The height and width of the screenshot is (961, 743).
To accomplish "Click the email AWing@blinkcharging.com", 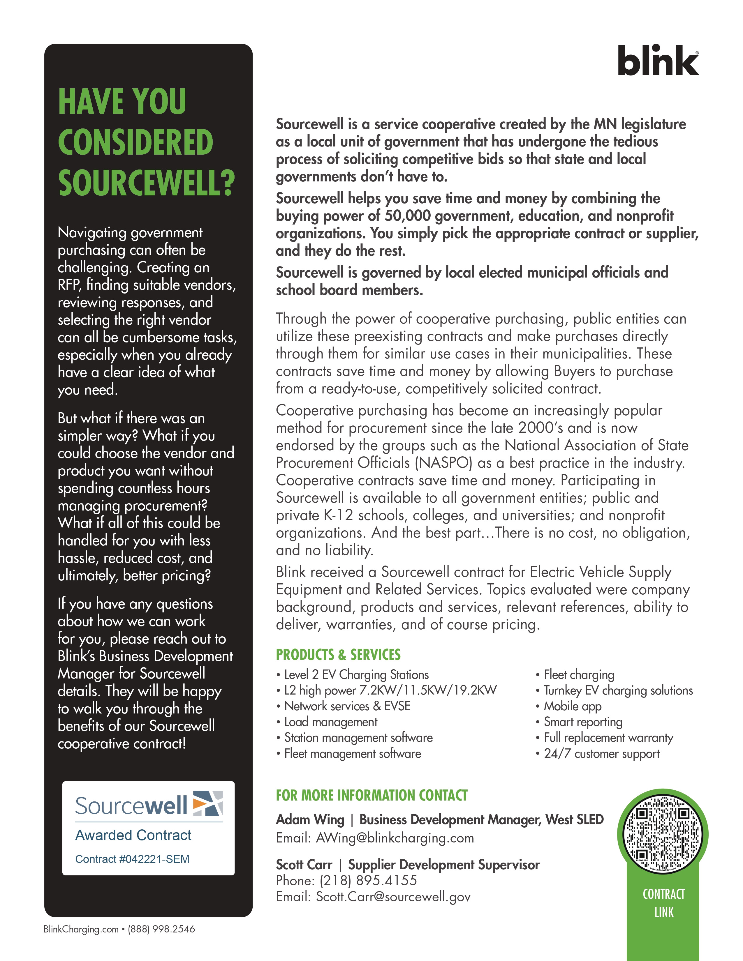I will pyautogui.click(x=395, y=838).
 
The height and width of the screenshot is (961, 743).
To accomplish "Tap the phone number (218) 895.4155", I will pyautogui.click(x=368, y=880).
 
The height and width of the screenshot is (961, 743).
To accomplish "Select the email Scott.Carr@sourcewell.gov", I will pyautogui.click(x=393, y=897).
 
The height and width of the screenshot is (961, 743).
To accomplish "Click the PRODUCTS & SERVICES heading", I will pyautogui.click(x=338, y=655).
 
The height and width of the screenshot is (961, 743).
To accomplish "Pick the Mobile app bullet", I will pyautogui.click(x=572, y=706).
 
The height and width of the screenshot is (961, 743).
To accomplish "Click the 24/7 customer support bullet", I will pyautogui.click(x=601, y=754).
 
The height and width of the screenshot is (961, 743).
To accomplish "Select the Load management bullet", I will pyautogui.click(x=331, y=722).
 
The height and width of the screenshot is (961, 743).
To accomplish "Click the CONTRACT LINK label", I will pyautogui.click(x=663, y=903).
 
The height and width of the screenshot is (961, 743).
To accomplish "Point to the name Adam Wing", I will pyautogui.click(x=310, y=820).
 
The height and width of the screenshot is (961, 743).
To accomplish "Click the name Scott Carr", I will pyautogui.click(x=304, y=865).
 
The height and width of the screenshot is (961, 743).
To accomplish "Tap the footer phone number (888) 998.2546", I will pyautogui.click(x=161, y=929).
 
